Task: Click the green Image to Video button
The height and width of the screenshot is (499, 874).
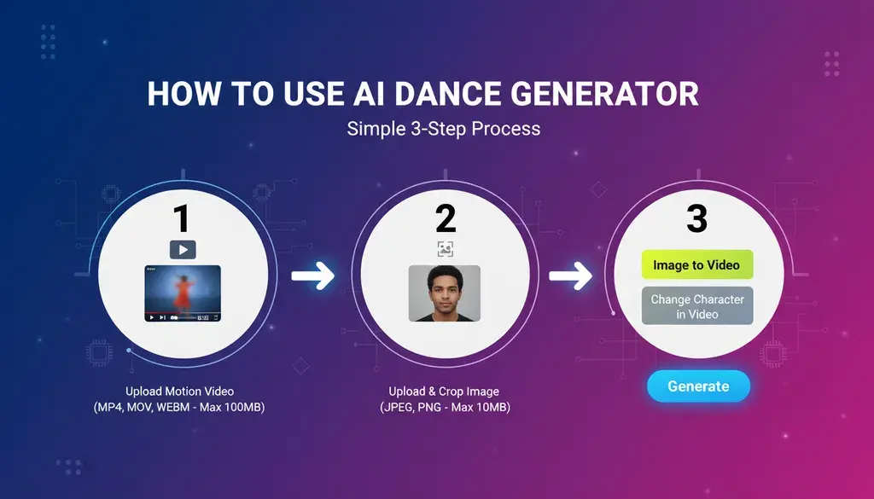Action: pos(697,264)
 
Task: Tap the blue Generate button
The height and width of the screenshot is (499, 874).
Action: pos(698,386)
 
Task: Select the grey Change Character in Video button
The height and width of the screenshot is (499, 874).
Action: pos(697,305)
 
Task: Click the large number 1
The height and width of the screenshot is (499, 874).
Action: pos(181,219)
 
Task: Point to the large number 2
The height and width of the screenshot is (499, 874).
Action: pos(446,219)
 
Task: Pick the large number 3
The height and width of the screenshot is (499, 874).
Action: pos(696,219)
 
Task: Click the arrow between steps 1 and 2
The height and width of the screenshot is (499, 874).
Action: pos(312,276)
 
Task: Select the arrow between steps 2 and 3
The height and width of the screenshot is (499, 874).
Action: pos(570,276)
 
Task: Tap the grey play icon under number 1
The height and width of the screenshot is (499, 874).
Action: pos(183,249)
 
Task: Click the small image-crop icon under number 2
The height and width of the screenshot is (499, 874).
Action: pos(445,249)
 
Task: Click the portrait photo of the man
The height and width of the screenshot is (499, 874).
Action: pos(445,293)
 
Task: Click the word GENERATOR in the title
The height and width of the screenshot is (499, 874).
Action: pos(605,94)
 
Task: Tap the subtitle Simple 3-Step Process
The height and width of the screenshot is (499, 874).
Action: pos(444,129)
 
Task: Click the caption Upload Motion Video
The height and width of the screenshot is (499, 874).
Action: pos(179,392)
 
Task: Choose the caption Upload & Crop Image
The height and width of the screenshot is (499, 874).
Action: pos(444,392)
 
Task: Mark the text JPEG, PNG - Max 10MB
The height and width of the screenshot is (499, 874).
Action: pos(445,407)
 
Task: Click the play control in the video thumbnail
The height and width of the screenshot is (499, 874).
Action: pos(151,317)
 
